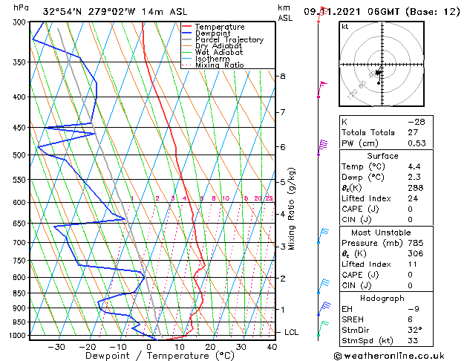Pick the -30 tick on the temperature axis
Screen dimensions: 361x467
(x=56, y=347)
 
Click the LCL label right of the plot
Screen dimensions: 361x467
(x=291, y=332)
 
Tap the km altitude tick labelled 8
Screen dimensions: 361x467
(x=283, y=77)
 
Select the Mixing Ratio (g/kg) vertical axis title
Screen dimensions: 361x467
(x=293, y=209)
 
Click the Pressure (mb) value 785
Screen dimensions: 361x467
(x=413, y=242)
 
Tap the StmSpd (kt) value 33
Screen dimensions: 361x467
(x=413, y=340)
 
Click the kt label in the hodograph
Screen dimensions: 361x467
(x=344, y=27)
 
